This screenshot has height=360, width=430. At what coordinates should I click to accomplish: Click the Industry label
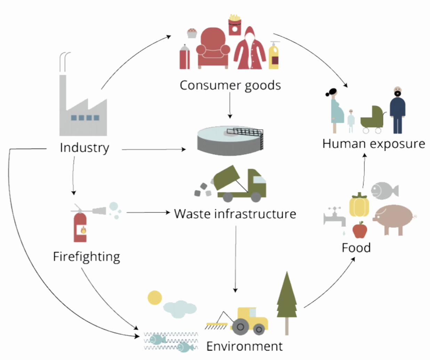[x=85, y=148]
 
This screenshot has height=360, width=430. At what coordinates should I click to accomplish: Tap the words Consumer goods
[x=230, y=86]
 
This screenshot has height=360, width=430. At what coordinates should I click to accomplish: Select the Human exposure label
[x=374, y=144]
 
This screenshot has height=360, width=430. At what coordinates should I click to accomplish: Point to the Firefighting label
[x=87, y=257]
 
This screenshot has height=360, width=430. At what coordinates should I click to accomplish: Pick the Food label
[x=356, y=248]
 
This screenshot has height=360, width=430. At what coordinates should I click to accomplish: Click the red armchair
[x=213, y=48]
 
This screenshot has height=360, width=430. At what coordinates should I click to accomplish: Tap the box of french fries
[x=235, y=25]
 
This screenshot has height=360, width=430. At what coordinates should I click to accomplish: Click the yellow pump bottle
[x=274, y=55]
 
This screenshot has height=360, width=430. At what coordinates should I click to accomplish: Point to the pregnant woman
[x=336, y=111]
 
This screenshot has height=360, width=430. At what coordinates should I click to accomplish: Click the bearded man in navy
[x=398, y=110]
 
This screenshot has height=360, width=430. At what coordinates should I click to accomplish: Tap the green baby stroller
[x=373, y=119]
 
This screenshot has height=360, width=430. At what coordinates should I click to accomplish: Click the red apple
[x=360, y=230]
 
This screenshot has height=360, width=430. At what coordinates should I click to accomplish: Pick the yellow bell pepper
[x=359, y=205]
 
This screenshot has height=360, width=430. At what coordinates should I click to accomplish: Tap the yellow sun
[x=155, y=298]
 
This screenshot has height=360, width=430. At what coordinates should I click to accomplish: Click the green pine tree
[x=287, y=303]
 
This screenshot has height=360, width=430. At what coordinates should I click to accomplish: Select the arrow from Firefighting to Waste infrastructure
[x=148, y=212]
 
